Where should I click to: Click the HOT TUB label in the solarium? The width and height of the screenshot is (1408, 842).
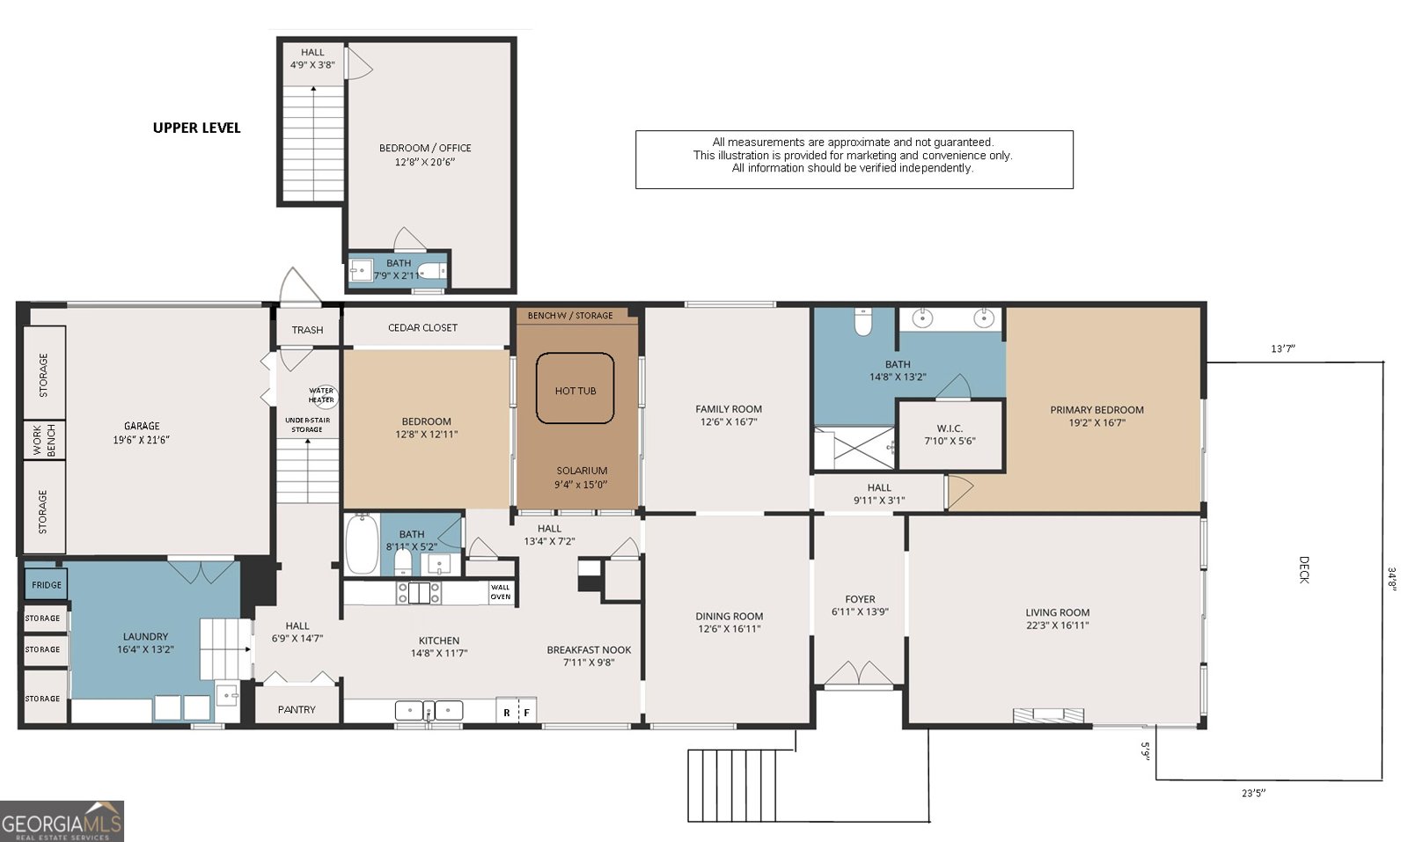pos(575,391)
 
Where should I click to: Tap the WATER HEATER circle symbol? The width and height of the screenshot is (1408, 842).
pos(321,395)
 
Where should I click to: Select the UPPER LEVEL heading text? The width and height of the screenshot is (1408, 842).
pos(196,128)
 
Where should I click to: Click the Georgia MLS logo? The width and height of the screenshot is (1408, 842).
pos(62,821)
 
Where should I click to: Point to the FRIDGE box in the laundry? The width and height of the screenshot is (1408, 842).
pos(47,584)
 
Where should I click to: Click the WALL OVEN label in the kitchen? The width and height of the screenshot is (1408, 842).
pos(500,592)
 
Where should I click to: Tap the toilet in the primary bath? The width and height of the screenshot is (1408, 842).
pos(863,323)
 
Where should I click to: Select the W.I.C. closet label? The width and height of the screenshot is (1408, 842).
pos(950,435)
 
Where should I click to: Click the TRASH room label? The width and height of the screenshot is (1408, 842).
pos(307,330)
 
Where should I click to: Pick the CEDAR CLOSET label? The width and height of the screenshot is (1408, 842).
pos(422,327)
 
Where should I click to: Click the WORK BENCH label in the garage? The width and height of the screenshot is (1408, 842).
pos(44,440)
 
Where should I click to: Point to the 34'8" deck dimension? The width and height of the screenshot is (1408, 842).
pos(1392,578)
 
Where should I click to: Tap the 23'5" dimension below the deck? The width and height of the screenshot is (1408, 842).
pos(1253,793)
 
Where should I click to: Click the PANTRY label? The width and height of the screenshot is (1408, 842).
pos(297,709)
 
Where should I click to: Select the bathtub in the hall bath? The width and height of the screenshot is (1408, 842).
pos(362,544)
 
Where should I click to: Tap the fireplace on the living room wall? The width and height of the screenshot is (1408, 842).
pos(1048,714)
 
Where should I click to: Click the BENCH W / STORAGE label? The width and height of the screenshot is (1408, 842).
pos(570,315)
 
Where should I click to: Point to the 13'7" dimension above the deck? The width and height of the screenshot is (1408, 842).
pos(1282,348)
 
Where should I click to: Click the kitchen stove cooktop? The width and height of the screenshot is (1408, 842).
pos(419,592)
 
